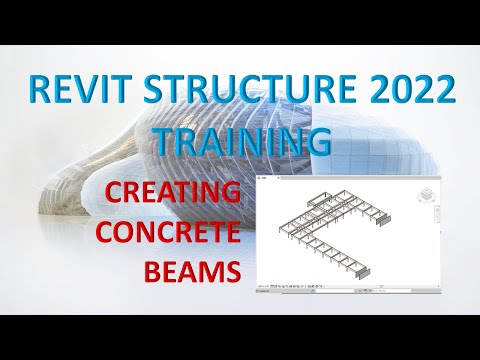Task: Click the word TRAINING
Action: [242, 141]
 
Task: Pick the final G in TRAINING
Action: [319, 141]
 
